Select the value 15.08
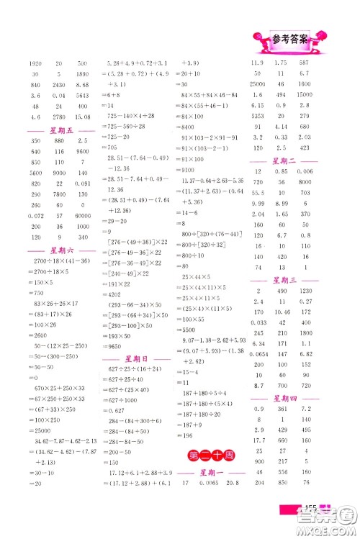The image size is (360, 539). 83,118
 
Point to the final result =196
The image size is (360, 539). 188,435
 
